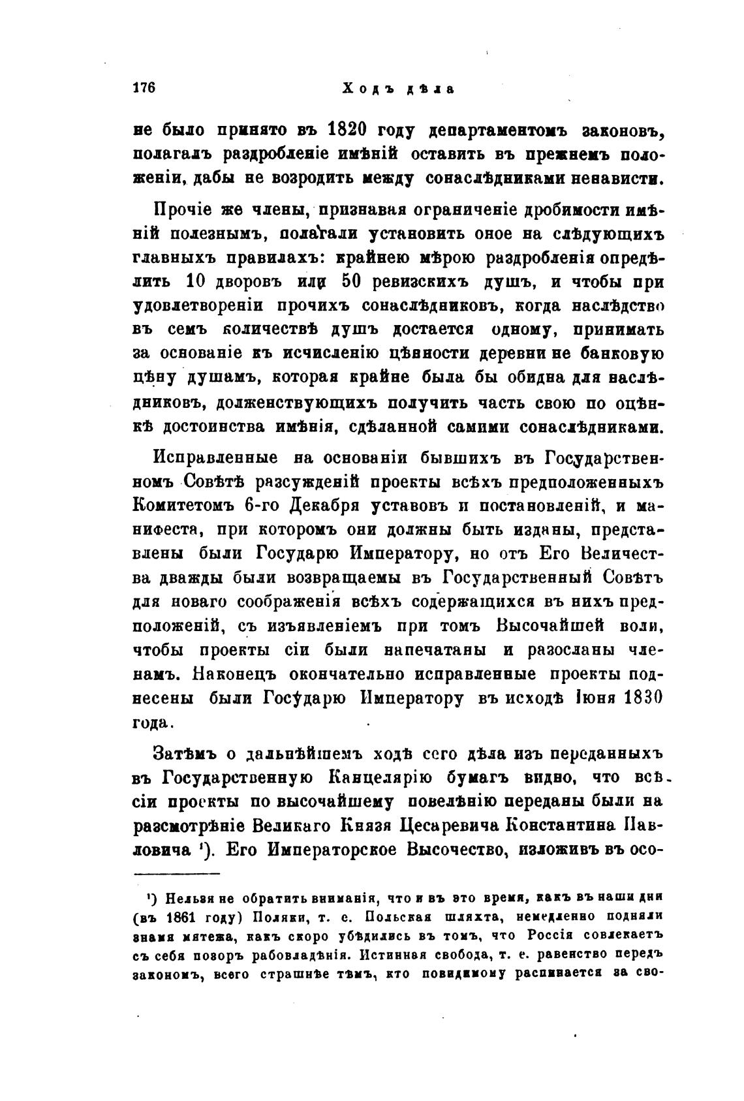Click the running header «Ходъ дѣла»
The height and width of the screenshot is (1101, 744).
tap(397, 89)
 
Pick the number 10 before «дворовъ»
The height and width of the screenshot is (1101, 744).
tap(196, 282)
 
